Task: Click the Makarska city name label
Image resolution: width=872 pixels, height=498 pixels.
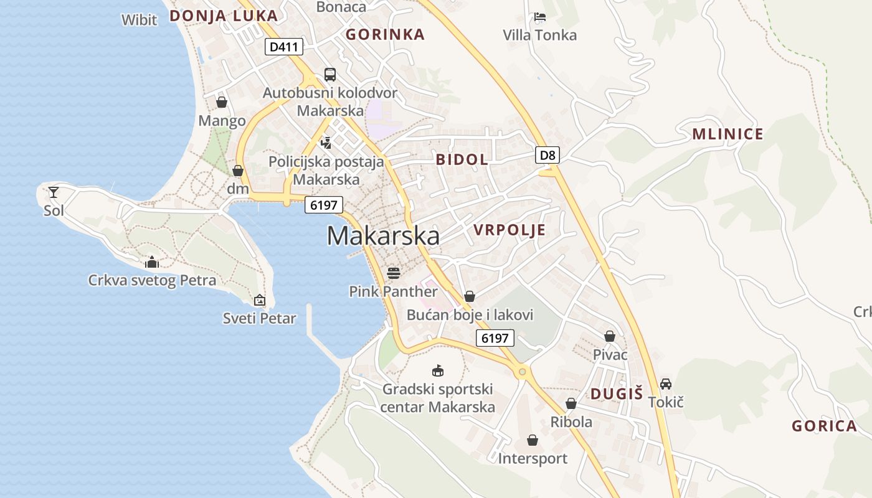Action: pyautogui.click(x=382, y=236)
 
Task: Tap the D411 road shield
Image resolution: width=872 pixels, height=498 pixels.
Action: pyautogui.click(x=284, y=47)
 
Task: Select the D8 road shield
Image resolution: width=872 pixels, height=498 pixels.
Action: pyautogui.click(x=547, y=155)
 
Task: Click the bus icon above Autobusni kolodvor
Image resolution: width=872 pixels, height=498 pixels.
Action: pyautogui.click(x=330, y=75)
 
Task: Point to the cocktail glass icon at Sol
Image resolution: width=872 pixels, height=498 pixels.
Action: pyautogui.click(x=54, y=192)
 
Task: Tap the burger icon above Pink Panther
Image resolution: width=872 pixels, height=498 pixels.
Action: pyautogui.click(x=393, y=273)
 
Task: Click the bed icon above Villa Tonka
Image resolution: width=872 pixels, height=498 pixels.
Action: pyautogui.click(x=540, y=17)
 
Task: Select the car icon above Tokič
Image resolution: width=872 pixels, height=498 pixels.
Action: pyautogui.click(x=666, y=383)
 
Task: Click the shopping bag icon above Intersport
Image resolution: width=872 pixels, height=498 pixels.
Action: pyautogui.click(x=533, y=440)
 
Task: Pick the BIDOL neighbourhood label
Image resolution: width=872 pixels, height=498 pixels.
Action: pyautogui.click(x=462, y=159)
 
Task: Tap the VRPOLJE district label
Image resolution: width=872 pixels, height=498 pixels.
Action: pyautogui.click(x=509, y=230)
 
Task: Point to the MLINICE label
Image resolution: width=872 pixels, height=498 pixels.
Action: pyautogui.click(x=727, y=134)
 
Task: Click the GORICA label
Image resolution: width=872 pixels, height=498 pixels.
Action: pyautogui.click(x=824, y=426)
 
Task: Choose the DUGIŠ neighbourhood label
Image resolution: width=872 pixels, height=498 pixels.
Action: pyautogui.click(x=616, y=393)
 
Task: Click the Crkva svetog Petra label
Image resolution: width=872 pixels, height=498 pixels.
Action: pyautogui.click(x=152, y=280)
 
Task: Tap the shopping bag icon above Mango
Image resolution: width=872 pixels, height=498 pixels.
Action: pyautogui.click(x=222, y=102)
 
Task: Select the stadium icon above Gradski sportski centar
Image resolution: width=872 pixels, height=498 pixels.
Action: pyautogui.click(x=438, y=371)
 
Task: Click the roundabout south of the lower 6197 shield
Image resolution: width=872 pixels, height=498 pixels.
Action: pyautogui.click(x=522, y=372)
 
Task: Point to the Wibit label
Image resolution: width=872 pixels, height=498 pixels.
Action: pyautogui.click(x=140, y=20)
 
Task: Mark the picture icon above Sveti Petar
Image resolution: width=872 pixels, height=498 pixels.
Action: pyautogui.click(x=260, y=301)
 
